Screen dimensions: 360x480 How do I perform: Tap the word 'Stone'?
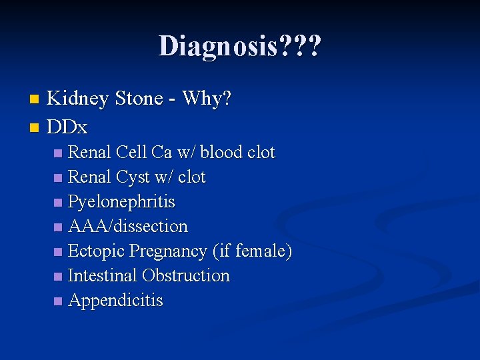click(139, 99)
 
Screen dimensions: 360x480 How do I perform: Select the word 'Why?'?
click(207, 99)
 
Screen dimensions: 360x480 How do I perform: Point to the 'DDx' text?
click(67, 126)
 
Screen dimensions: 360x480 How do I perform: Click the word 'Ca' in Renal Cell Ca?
click(162, 153)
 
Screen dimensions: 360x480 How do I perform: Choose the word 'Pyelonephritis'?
click(121, 202)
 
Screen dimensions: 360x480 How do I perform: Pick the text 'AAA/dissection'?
click(128, 227)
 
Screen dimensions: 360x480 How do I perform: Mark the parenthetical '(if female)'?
click(252, 251)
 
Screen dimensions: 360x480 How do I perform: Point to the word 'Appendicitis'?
click(115, 301)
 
